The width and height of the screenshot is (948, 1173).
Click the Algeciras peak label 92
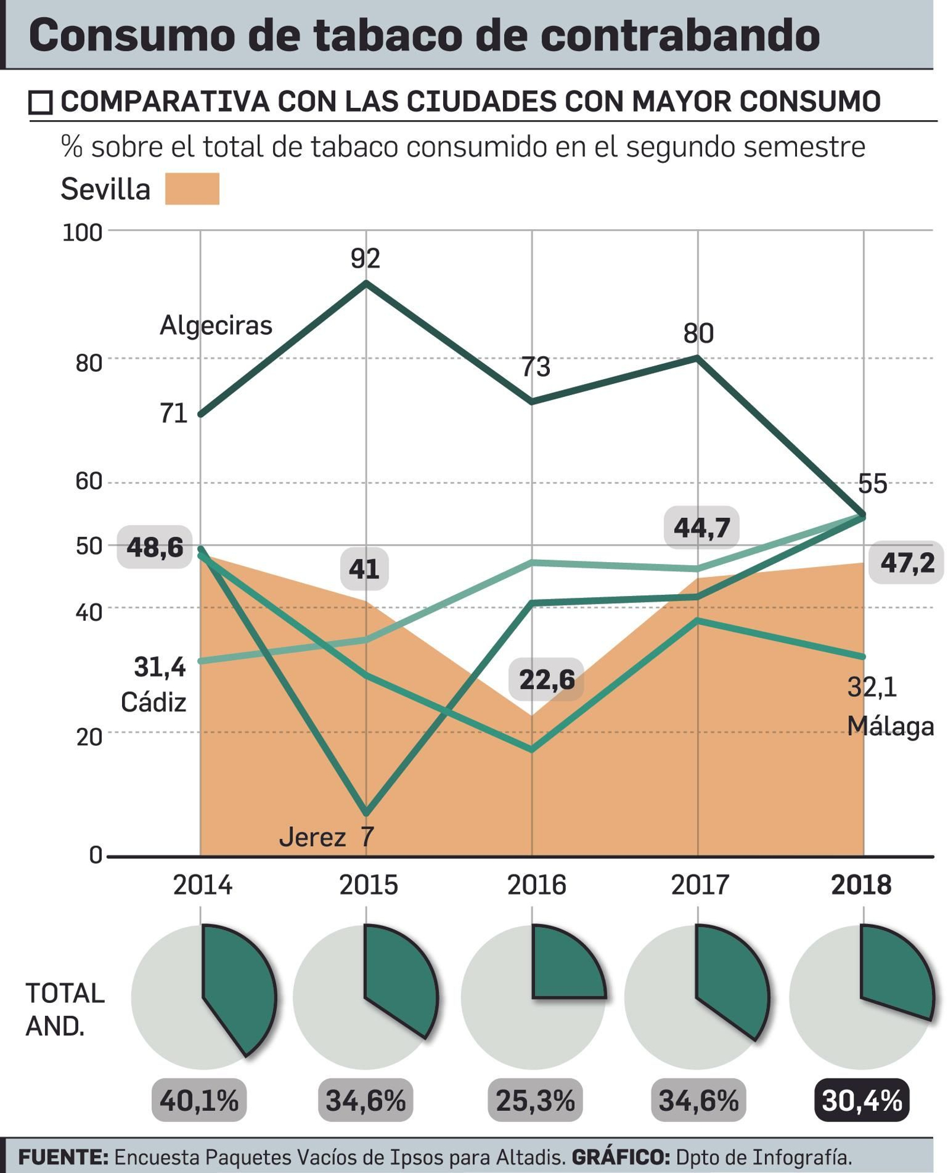pyautogui.click(x=365, y=258)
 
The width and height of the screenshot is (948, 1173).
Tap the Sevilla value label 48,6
pyautogui.click(x=155, y=547)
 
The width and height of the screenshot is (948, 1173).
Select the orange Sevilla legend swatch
pyautogui.click(x=192, y=189)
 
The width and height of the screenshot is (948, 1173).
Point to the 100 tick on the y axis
pyautogui.click(x=82, y=233)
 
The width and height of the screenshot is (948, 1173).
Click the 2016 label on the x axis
pyautogui.click(x=536, y=885)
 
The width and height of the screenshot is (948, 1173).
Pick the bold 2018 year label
pyautogui.click(x=860, y=885)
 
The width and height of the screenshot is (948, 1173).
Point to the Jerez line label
pyautogui.click(x=312, y=837)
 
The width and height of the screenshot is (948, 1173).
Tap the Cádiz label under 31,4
pyautogui.click(x=153, y=703)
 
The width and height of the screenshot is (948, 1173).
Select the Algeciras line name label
pyautogui.click(x=216, y=325)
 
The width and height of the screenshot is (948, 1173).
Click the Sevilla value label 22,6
pyautogui.click(x=546, y=680)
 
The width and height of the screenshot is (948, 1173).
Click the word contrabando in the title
pyautogui.click(x=680, y=36)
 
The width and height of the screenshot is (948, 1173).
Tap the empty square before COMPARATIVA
pyautogui.click(x=41, y=102)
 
